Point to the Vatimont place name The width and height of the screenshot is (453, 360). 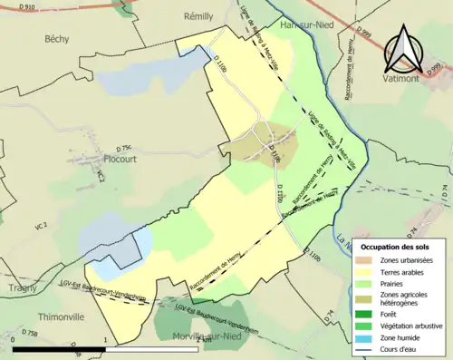coord(411,80)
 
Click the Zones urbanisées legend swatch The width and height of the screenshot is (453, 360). coord(364,259)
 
